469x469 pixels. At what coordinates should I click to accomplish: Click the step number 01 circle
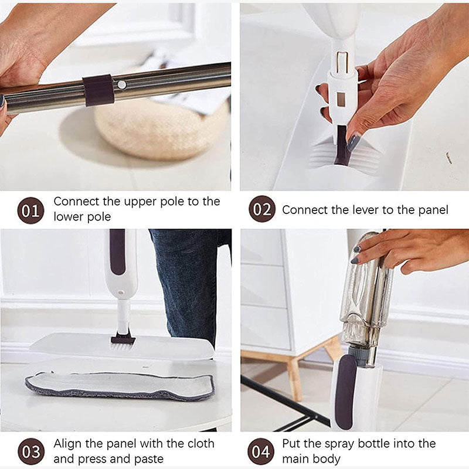coord(30,210)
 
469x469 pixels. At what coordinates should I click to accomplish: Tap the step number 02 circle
coord(261,209)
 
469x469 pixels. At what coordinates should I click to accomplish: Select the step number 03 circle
coord(30,451)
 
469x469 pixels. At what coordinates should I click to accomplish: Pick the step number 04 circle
coord(261,451)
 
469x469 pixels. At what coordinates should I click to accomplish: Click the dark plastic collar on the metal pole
coord(98,90)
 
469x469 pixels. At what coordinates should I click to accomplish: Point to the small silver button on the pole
coord(121,84)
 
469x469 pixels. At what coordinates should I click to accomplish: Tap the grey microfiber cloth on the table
coord(120,386)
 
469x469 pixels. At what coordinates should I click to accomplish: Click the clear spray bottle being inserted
coord(366,293)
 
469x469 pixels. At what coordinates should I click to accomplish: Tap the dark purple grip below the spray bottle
coord(345,390)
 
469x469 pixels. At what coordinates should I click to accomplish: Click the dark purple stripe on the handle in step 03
coord(117,252)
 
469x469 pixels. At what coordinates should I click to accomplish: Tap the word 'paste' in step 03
coord(147,459)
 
